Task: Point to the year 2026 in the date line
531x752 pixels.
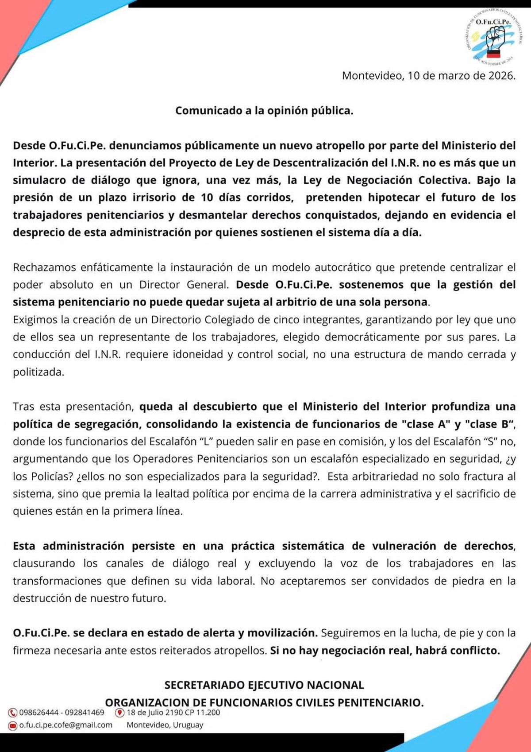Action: pyautogui.click(x=501, y=76)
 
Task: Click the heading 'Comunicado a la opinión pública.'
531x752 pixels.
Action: pyautogui.click(x=264, y=110)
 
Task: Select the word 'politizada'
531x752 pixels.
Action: pyautogui.click(x=38, y=372)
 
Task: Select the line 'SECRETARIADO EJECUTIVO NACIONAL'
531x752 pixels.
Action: pyautogui.click(x=264, y=685)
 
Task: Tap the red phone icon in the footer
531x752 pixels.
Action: pyautogui.click(x=13, y=713)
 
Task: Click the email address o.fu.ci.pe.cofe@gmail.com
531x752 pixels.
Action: pyautogui.click(x=65, y=725)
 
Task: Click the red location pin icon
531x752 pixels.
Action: pyautogui.click(x=119, y=713)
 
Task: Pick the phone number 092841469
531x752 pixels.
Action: pyautogui.click(x=85, y=713)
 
